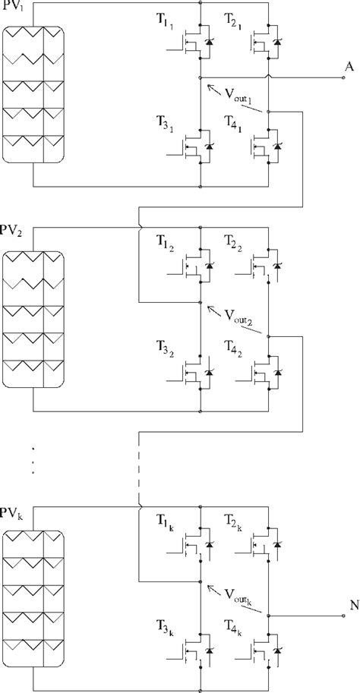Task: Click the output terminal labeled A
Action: (343, 77)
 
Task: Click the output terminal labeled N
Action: (343, 616)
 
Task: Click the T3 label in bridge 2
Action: (165, 348)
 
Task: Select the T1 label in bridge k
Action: (165, 520)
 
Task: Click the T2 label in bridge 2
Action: (233, 243)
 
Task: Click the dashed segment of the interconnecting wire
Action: (139, 469)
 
